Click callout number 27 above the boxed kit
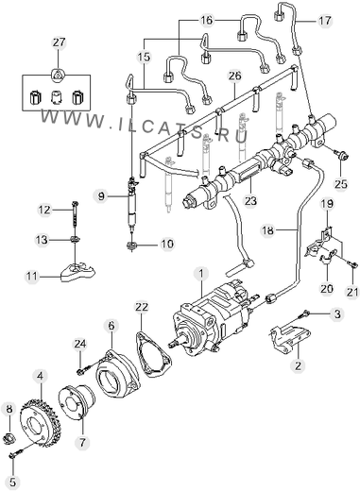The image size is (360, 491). [59, 42]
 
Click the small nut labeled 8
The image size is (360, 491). [9, 437]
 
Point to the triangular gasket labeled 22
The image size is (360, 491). [153, 354]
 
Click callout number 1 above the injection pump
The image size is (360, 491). [201, 274]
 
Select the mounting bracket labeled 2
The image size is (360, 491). [289, 341]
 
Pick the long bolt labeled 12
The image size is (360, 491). [75, 214]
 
